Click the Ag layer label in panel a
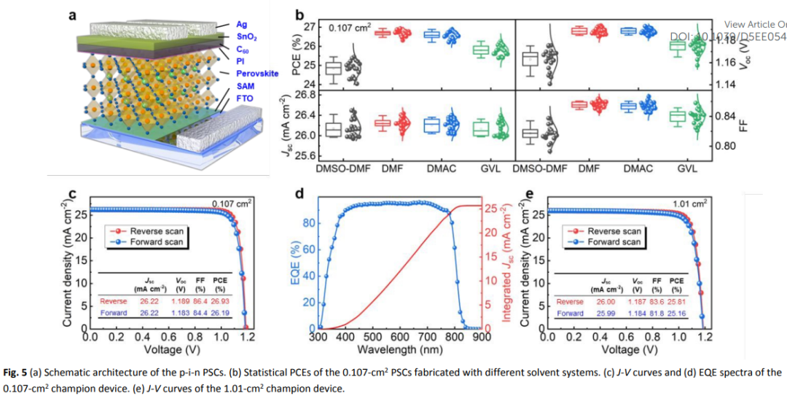coord(242,24)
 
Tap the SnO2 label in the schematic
coord(246,36)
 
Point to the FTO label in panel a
coord(244,98)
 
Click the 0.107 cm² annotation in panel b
coord(349,28)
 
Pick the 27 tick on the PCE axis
coord(308,28)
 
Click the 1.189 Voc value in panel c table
coord(182,300)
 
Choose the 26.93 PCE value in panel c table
coord(222,300)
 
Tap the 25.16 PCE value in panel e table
coord(677,314)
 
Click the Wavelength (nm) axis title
coord(399,349)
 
